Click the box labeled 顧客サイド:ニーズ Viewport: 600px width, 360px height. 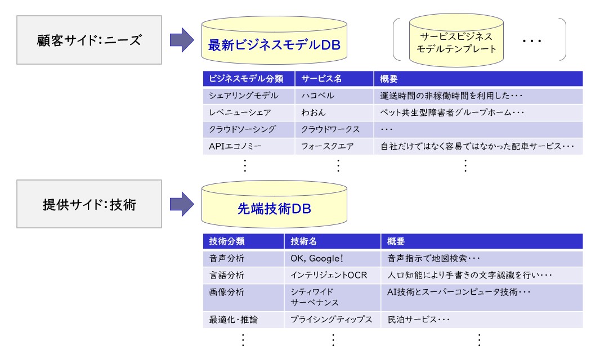tap(89, 40)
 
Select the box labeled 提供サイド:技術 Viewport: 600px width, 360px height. tap(89, 204)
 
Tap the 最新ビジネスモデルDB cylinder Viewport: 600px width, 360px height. tap(274, 40)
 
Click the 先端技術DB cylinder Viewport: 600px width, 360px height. tap(274, 204)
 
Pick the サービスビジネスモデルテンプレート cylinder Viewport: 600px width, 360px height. tap(456, 40)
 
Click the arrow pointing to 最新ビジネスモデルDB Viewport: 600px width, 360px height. tap(182, 40)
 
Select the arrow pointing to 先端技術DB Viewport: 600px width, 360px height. tap(182, 204)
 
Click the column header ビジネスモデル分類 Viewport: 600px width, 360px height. tap(249, 79)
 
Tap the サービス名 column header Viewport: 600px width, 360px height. tap(334, 79)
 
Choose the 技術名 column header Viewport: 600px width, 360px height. tap(332, 241)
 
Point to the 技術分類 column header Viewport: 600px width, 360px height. tap(243, 241)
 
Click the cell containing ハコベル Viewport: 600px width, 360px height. tap(334, 96)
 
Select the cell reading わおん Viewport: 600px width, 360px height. tap(334, 112)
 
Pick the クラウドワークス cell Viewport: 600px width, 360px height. tap(334, 129)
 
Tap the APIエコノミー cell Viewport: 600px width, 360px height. tap(249, 146)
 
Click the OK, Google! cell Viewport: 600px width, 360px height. tap(332, 259)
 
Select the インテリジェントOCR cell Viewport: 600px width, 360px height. tap(332, 276)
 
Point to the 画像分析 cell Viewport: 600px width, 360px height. tap(243, 297)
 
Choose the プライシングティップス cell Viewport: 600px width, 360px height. tap(332, 320)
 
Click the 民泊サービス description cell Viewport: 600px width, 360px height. tap(482, 320)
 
